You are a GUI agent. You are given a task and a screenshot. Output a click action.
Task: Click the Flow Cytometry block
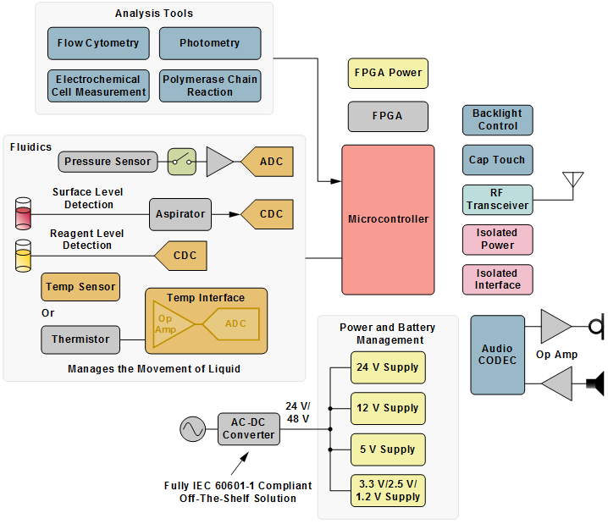[98, 43]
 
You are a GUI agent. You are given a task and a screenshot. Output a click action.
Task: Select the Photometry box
[209, 43]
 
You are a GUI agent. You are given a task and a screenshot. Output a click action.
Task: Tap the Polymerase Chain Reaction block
[209, 85]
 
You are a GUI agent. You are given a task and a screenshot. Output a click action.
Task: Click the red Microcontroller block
[388, 219]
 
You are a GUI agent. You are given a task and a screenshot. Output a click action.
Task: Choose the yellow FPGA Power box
[388, 73]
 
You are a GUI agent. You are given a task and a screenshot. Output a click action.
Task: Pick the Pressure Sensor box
[108, 161]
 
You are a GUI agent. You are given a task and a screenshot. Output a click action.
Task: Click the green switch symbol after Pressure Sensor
[181, 161]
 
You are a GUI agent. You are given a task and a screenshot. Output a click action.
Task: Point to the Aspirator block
[180, 214]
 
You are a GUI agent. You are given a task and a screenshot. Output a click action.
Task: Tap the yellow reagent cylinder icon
[23, 255]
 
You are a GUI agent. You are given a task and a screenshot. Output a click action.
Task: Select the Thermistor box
[80, 339]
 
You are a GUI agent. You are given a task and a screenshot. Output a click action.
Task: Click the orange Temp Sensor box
[80, 287]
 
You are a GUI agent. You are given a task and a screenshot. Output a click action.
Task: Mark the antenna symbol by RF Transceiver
[573, 182]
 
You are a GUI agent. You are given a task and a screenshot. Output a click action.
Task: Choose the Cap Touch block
[497, 159]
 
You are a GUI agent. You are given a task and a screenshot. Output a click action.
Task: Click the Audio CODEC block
[498, 355]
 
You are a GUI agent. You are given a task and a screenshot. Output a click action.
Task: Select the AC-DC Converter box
[248, 429]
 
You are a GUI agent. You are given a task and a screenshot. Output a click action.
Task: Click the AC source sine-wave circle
[192, 429]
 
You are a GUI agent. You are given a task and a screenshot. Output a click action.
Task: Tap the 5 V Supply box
[388, 450]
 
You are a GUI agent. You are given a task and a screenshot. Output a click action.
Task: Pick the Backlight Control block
[497, 119]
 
